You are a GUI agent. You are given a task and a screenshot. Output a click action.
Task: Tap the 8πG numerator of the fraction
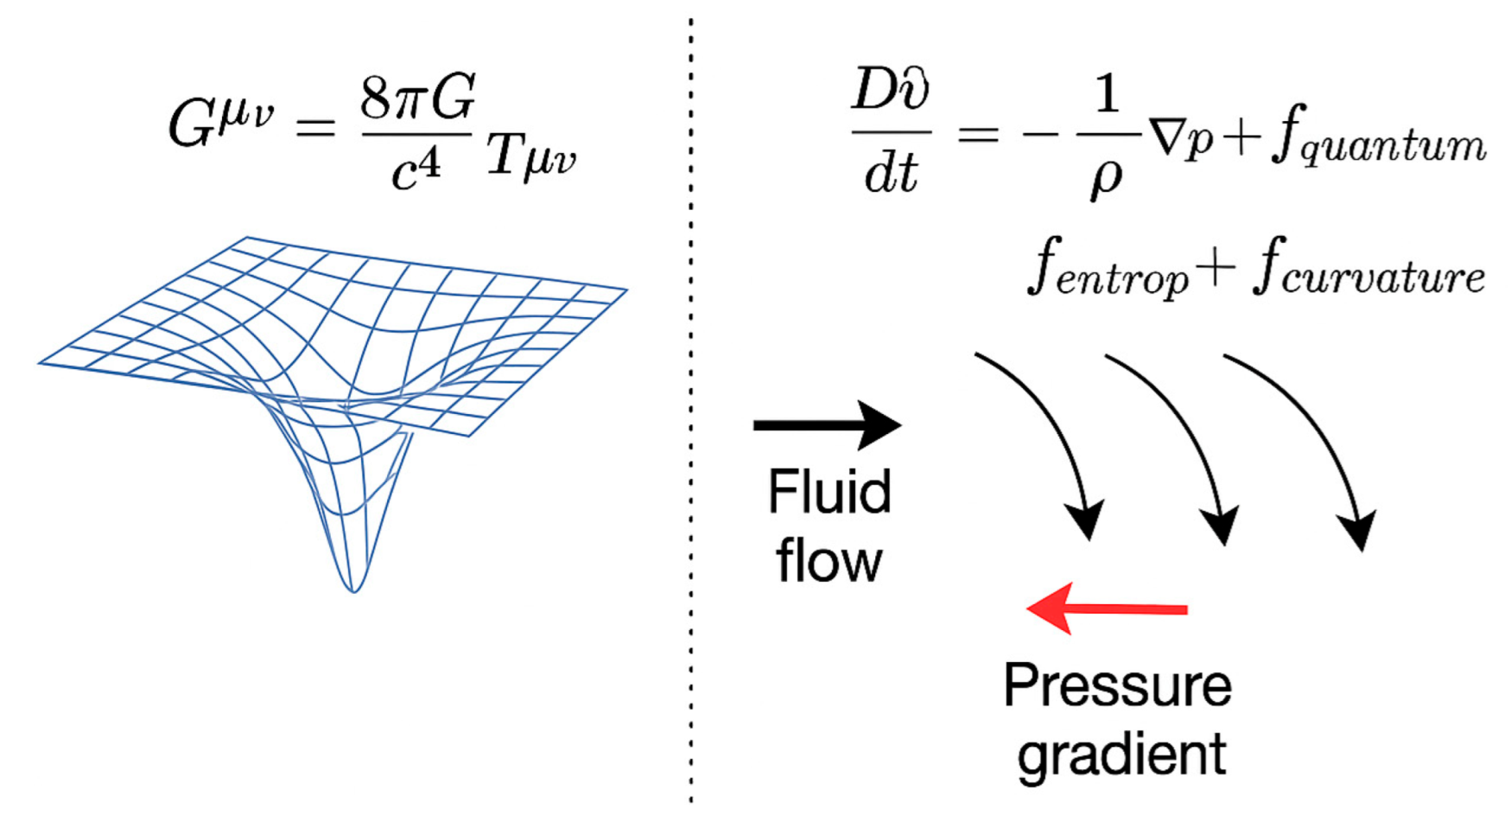[x=417, y=98]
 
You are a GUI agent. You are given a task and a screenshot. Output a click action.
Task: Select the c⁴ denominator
[x=416, y=168]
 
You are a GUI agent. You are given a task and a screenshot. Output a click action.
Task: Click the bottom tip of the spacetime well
[x=353, y=589]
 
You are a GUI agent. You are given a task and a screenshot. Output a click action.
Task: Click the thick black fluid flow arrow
[x=827, y=424]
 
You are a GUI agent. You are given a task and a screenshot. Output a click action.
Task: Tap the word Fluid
[x=829, y=492]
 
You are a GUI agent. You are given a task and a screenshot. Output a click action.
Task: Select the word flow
[x=829, y=561]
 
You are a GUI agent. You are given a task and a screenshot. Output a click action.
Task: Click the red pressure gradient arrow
[x=1107, y=609]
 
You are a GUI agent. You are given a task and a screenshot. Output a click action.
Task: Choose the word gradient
[x=1121, y=755]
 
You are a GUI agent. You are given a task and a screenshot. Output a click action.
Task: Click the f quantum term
[x=1379, y=143]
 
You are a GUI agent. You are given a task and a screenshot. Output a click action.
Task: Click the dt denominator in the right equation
[x=890, y=174]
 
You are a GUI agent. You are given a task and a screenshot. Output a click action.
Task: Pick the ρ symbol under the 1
[x=1107, y=177]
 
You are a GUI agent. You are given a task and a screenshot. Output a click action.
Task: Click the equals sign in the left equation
[x=314, y=130]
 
